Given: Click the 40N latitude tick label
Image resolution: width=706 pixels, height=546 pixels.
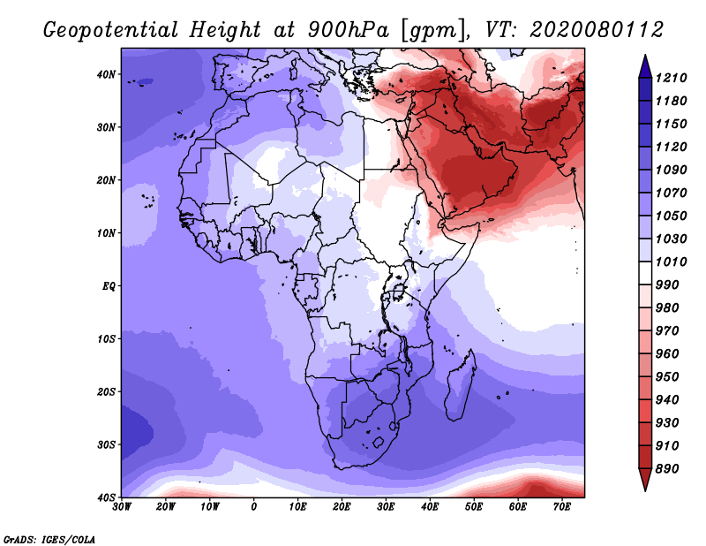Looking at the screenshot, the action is [x=106, y=74].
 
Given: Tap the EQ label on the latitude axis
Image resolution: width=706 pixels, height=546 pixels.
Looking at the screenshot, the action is [x=109, y=286].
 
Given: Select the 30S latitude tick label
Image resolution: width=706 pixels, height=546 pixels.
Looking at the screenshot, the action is [x=106, y=444].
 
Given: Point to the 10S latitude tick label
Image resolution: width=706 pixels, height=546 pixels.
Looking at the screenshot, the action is [x=106, y=338].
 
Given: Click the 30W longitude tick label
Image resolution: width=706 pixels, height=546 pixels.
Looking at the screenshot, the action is [x=122, y=507].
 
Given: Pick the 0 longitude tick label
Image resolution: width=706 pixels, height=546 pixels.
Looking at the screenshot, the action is [x=254, y=507].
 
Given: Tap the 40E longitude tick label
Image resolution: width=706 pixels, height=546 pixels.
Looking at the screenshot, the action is [x=430, y=507].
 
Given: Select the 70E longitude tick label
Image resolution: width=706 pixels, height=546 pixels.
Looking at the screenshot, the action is [x=562, y=507].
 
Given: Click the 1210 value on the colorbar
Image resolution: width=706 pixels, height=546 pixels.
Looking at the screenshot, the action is [x=671, y=78].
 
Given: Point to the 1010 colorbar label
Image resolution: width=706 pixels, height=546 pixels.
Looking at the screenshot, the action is [x=671, y=262].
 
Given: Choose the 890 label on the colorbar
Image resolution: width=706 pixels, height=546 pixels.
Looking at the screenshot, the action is [x=667, y=469].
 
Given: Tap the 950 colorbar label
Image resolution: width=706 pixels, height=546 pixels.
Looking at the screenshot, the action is [x=667, y=377].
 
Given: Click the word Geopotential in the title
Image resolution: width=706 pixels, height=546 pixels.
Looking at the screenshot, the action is [x=111, y=30].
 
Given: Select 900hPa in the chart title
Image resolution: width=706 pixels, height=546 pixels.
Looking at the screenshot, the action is [x=348, y=30].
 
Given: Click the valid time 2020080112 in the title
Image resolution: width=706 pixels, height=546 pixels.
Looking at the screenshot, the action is [x=597, y=30].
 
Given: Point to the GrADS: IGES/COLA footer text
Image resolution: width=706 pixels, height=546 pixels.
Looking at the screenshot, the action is [x=49, y=539].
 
